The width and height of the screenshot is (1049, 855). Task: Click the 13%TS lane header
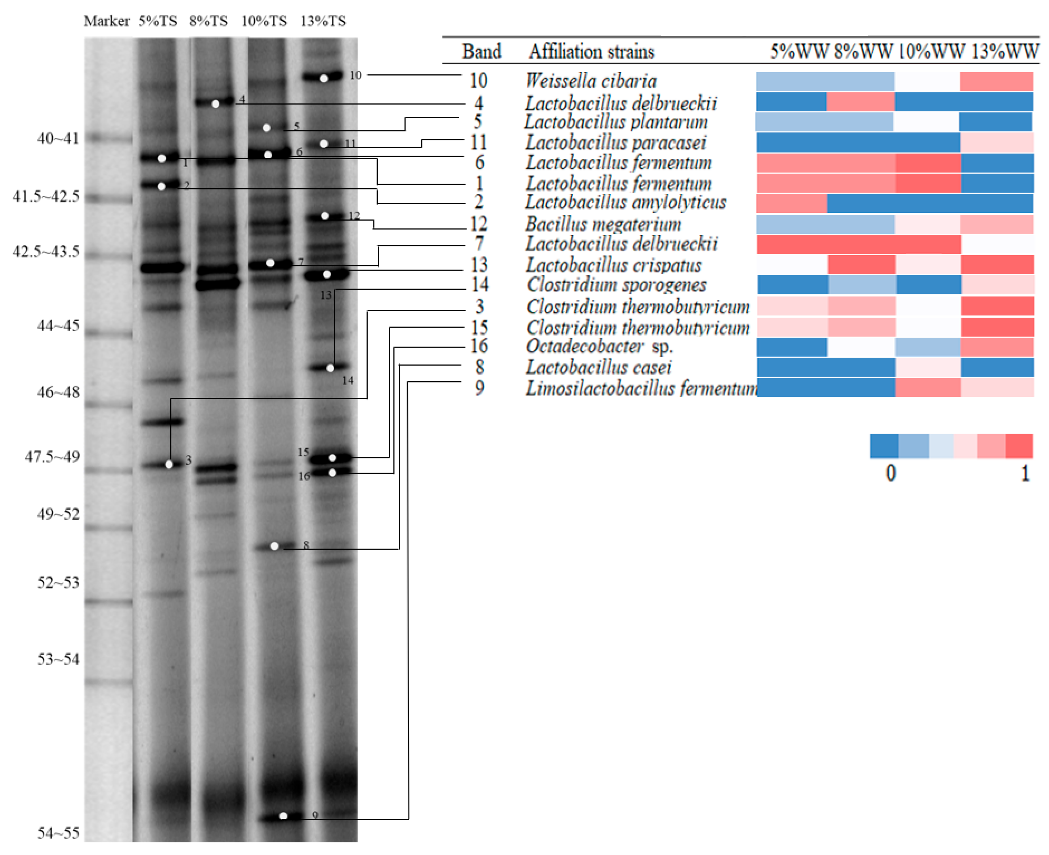[x=323, y=21]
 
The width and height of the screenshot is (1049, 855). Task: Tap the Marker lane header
[x=106, y=21]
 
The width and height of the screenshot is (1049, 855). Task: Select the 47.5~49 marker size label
[x=52, y=456]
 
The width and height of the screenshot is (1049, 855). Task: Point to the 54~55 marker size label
[x=58, y=833]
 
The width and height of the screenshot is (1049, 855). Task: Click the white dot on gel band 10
[x=323, y=79]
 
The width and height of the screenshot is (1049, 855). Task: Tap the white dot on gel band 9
[x=283, y=816]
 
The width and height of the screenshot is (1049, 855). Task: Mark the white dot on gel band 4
[x=215, y=104]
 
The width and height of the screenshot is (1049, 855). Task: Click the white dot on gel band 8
[x=274, y=546]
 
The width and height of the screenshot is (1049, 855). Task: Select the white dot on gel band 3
[x=169, y=464]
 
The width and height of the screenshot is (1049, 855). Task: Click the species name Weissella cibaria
[x=591, y=81]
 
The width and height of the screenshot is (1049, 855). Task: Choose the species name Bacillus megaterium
[x=603, y=225]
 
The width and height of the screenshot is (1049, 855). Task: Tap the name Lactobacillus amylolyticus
[x=625, y=202]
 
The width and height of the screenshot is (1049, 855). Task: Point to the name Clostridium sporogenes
[x=617, y=285]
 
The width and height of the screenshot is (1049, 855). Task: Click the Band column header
[x=481, y=52]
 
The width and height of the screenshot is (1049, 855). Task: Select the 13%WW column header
[x=1005, y=52]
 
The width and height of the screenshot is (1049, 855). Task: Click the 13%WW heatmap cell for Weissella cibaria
[x=996, y=82]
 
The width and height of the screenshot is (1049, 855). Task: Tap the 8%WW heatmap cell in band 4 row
[x=860, y=102]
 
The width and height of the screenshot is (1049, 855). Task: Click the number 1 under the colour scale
[x=1025, y=474]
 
